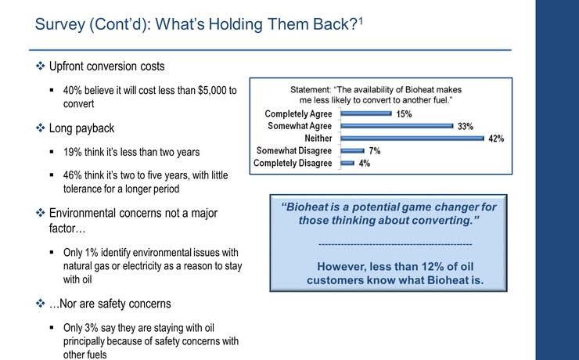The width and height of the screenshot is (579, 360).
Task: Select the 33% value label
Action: click(466, 126)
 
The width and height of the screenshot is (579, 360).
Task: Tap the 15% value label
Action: click(404, 113)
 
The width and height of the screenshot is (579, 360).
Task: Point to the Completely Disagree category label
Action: click(293, 163)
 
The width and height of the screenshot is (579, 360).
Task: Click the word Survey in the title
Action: click(61, 24)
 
